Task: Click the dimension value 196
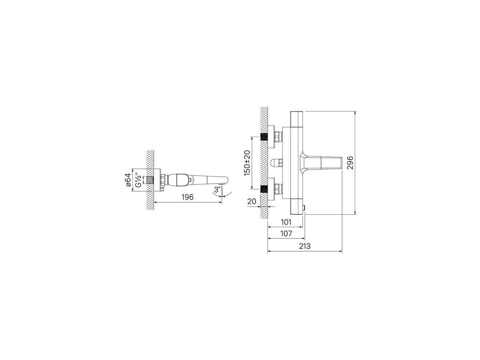click(188, 197)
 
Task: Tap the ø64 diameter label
click(128, 180)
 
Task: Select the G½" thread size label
click(137, 180)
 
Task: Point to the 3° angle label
click(217, 190)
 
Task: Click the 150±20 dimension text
click(247, 163)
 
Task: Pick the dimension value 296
click(350, 163)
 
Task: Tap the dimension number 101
click(286, 222)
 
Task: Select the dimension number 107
click(286, 234)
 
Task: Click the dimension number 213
click(305, 246)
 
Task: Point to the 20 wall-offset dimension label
click(252, 201)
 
